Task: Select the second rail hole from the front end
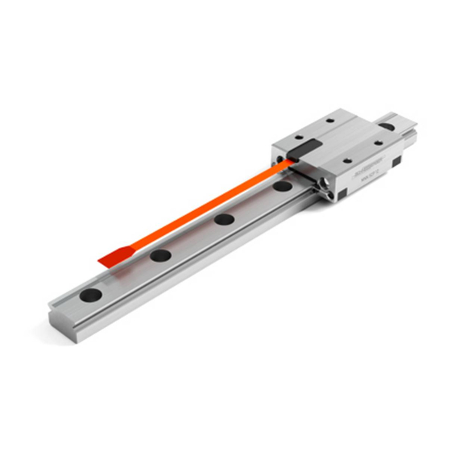tap(160, 255)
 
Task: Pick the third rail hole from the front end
tap(223, 219)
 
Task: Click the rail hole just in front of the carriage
tap(282, 187)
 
